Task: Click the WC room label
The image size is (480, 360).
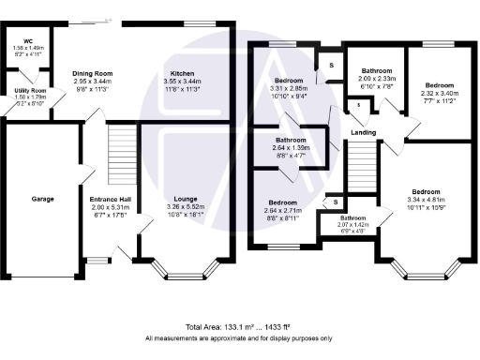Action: click(x=27, y=41)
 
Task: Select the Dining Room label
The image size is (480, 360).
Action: click(x=92, y=73)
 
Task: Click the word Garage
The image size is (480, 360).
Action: click(x=42, y=199)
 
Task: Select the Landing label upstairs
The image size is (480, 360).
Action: click(x=365, y=132)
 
